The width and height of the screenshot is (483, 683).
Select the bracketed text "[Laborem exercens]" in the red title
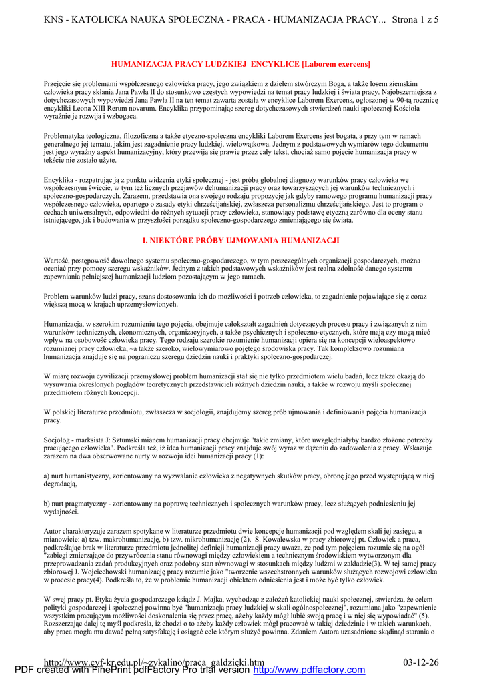(336, 64)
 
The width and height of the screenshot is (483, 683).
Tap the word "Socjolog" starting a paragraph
(59, 440)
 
